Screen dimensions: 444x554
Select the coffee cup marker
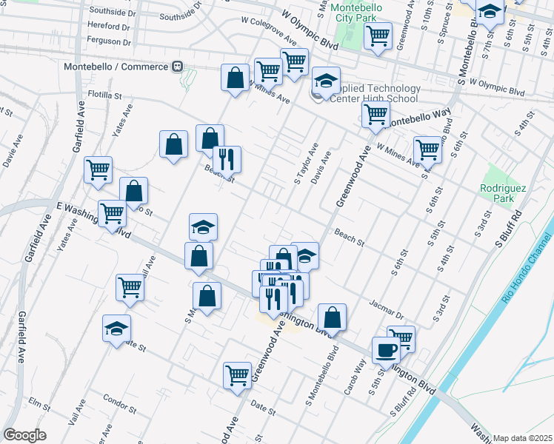tap(385, 349)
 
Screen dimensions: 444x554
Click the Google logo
tap(24, 434)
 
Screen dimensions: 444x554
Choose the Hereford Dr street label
tap(109, 25)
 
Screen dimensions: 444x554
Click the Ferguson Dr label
tap(109, 41)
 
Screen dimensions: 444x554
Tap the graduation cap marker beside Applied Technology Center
tap(324, 81)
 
